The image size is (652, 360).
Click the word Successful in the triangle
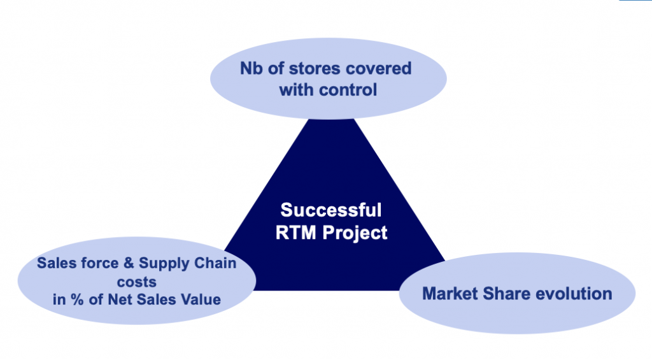tap(331, 210)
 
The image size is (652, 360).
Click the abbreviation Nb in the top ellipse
tap(250, 68)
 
